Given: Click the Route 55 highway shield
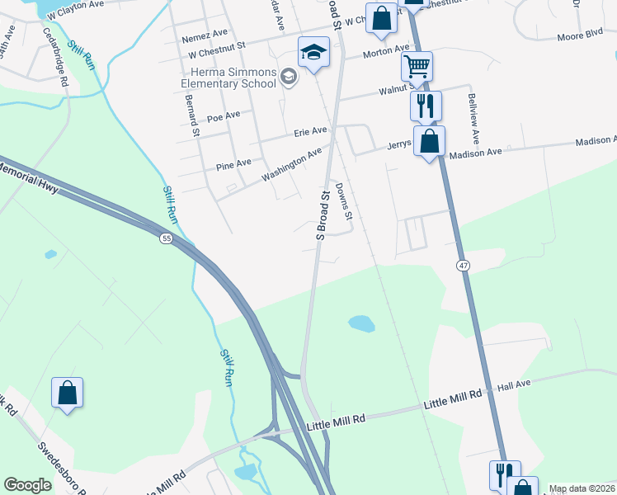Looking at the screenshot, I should click(167, 238).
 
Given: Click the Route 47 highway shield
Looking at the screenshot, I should click(464, 264).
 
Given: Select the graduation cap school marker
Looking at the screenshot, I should click(313, 54).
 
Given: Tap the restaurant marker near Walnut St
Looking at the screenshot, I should click(426, 106).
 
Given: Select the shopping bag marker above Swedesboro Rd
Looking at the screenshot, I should click(67, 393).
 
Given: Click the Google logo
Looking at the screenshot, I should click(28, 485).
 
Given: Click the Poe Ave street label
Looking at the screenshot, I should click(223, 116).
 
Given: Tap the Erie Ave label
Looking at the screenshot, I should click(311, 131).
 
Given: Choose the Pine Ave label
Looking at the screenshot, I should click(233, 164).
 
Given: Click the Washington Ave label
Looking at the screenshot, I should click(291, 165).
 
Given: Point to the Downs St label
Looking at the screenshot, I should click(344, 201).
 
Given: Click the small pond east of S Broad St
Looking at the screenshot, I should click(361, 323).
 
